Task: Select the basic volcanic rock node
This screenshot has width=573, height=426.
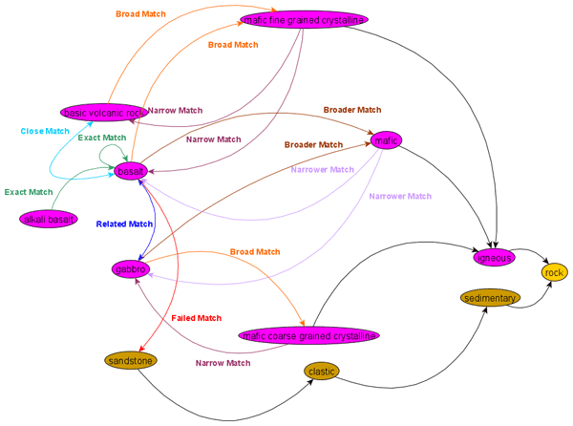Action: [103, 112]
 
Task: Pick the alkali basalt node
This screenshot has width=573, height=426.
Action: [48, 220]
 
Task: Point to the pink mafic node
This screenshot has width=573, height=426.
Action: [386, 141]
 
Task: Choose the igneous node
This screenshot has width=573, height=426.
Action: [495, 257]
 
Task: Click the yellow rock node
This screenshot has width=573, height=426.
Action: [555, 273]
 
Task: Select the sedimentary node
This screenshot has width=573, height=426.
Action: [490, 299]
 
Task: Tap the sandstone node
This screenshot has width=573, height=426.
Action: [130, 361]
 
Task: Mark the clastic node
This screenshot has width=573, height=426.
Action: [322, 371]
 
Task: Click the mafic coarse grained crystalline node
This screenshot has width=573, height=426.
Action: [309, 335]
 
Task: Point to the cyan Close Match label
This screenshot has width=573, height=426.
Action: [45, 131]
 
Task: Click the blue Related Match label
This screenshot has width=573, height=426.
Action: [124, 224]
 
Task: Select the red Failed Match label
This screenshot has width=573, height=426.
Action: [196, 318]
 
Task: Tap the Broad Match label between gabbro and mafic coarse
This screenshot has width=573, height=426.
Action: [255, 252]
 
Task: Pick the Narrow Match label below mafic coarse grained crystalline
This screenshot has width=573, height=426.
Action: [223, 363]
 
